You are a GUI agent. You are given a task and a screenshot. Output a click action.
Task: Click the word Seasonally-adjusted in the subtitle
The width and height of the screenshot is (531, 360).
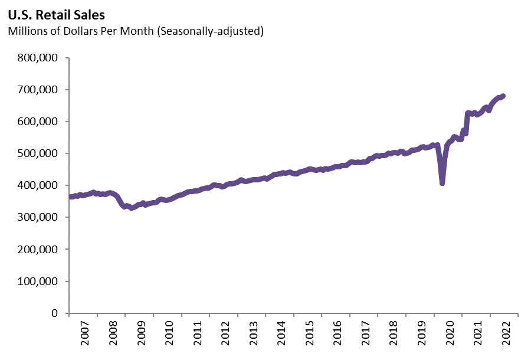coord(212,31)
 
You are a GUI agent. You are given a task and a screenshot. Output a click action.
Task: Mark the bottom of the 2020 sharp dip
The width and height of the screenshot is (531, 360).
coord(442,183)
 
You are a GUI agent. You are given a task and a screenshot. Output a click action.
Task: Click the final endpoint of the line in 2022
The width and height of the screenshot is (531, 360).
coord(503,96)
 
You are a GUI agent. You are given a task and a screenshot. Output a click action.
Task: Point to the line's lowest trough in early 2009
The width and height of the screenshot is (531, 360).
coord(132,208)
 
